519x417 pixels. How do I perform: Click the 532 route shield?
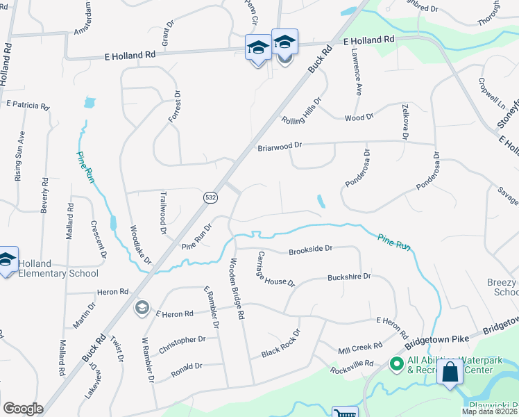210,198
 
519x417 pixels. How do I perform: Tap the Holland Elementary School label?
58,268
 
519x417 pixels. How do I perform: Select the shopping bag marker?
450,373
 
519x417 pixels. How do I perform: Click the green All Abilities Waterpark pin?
396,363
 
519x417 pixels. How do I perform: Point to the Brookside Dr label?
311,248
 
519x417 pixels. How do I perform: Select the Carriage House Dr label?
275,269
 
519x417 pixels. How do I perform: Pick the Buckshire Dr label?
349,277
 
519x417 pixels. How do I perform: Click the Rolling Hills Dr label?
302,111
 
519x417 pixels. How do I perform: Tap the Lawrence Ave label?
357,71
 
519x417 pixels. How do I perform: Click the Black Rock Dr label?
280,343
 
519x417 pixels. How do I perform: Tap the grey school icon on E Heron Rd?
142,307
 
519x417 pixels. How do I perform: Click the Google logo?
23,408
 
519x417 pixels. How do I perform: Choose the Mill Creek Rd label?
359,348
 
